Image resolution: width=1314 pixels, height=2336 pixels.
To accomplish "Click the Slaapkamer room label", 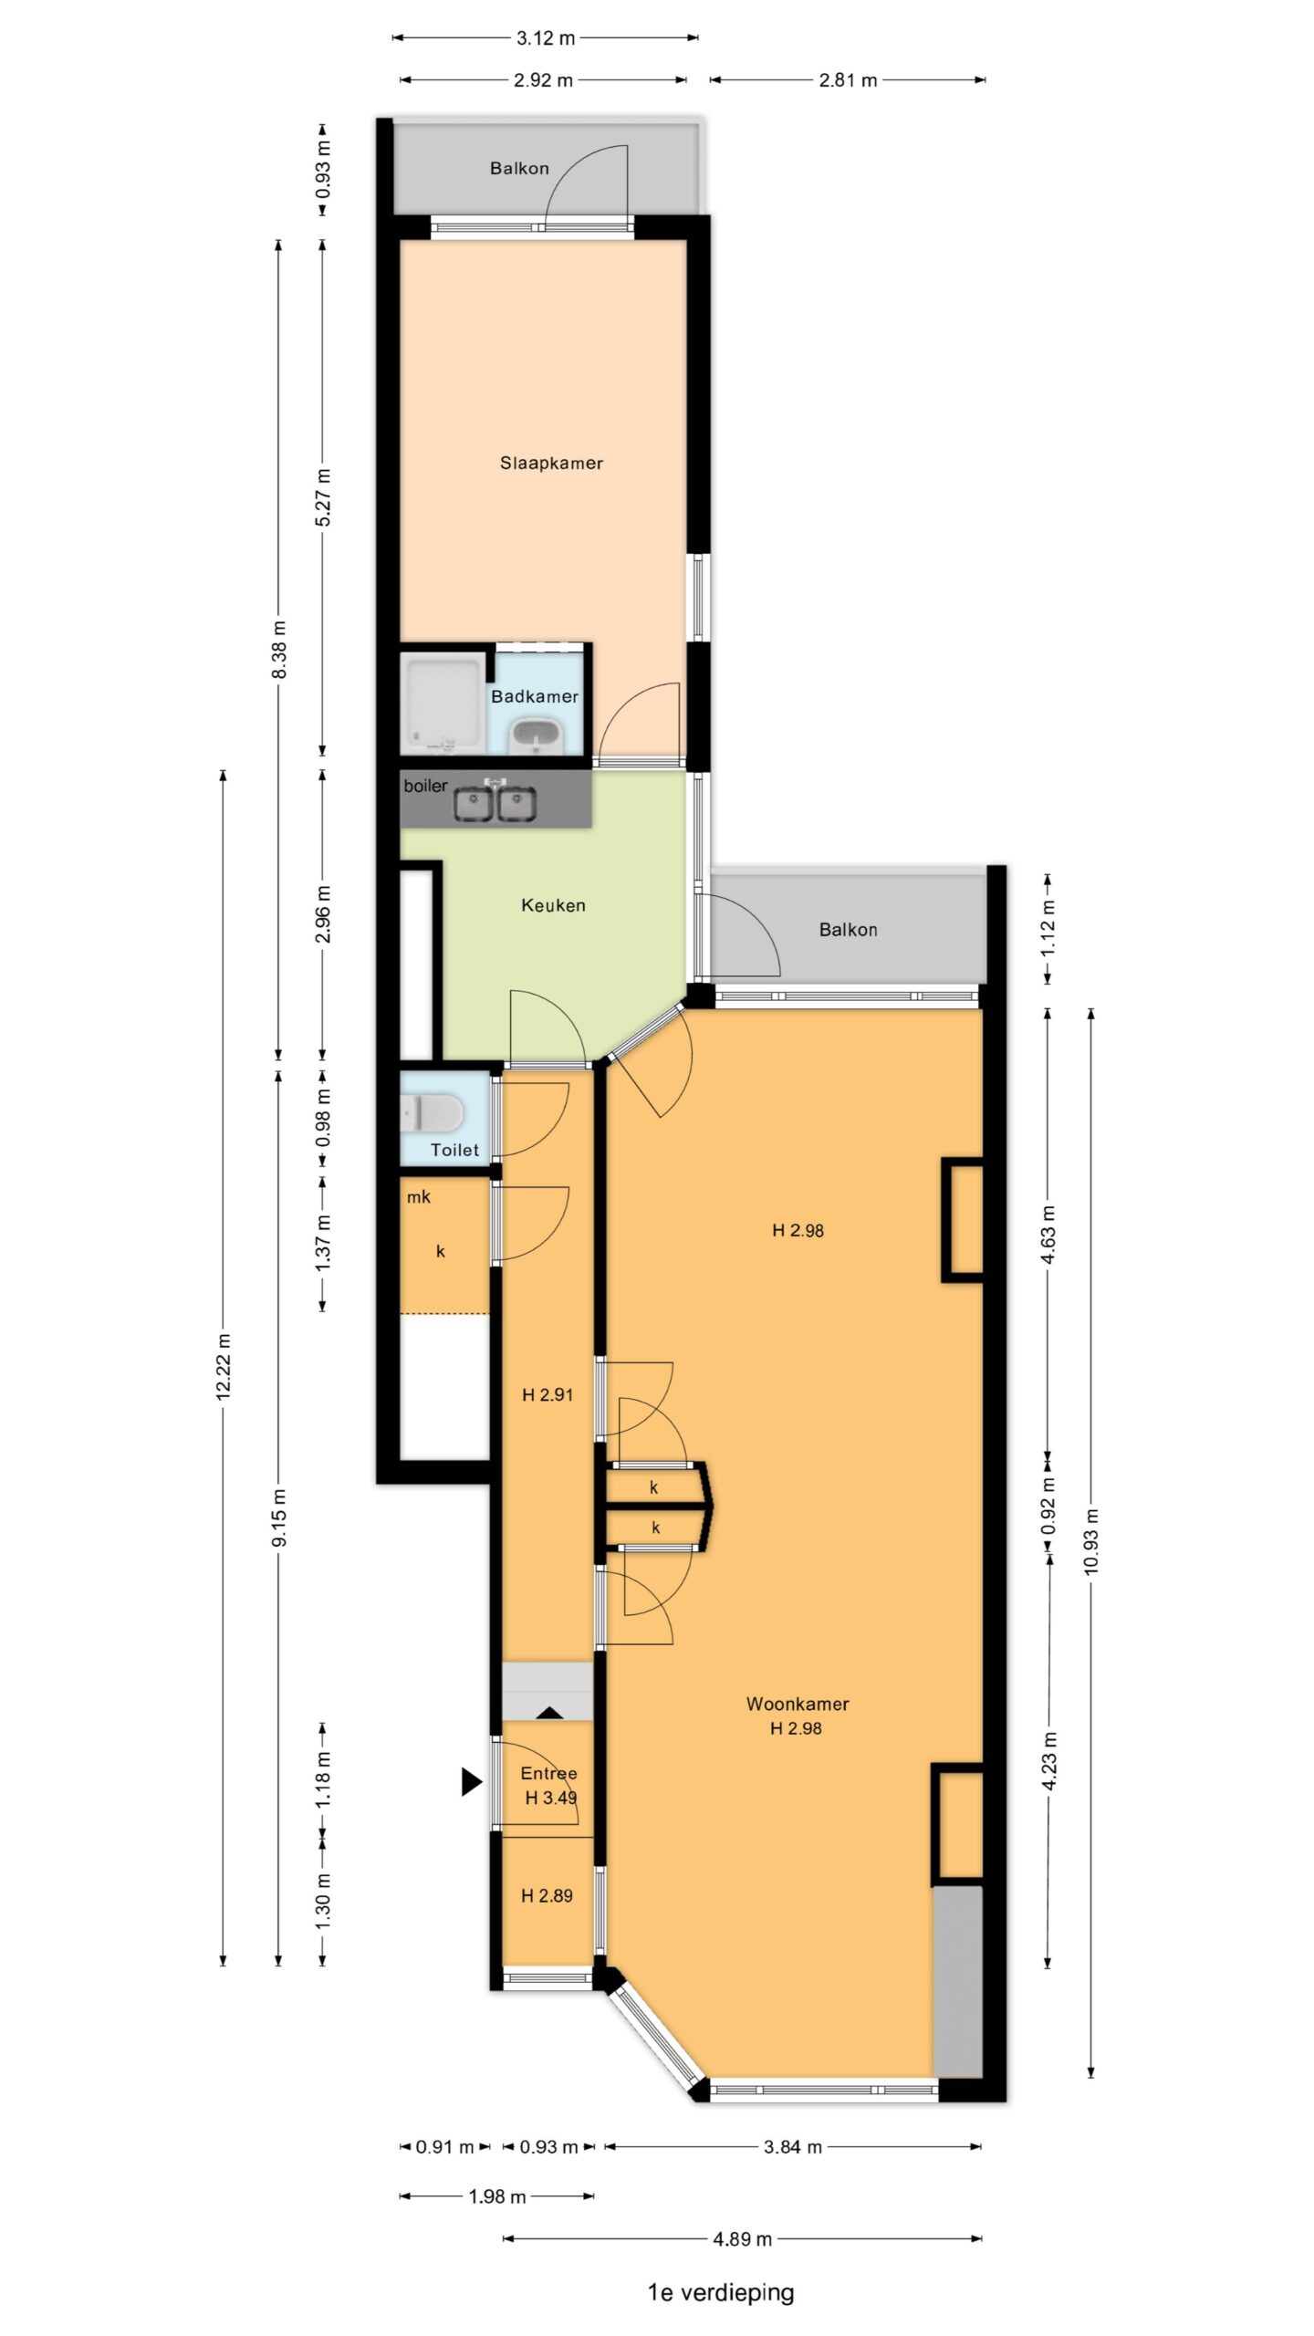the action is (x=551, y=463).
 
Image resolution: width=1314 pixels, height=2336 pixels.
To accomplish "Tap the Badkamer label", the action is (x=535, y=696).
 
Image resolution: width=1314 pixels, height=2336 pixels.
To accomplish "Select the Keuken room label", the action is (x=553, y=905).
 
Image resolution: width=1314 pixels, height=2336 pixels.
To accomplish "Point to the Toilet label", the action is (x=454, y=1150).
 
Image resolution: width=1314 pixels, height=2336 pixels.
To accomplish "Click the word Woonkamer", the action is (x=798, y=1704).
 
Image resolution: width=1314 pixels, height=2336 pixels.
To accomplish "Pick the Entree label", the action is (x=548, y=1773).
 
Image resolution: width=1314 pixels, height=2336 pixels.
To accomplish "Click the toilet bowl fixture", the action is (x=433, y=1113).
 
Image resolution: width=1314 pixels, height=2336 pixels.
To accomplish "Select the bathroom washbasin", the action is (x=536, y=734).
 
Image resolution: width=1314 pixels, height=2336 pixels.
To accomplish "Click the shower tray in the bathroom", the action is (x=444, y=704).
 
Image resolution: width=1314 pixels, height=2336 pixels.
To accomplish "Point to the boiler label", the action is (x=425, y=786).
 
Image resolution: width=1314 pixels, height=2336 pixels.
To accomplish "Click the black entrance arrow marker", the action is (x=471, y=1781).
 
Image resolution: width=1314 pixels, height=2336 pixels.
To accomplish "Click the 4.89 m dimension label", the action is (x=743, y=2238).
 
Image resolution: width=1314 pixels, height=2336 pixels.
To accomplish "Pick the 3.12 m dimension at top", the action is (x=546, y=38).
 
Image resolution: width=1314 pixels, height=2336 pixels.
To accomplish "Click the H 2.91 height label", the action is (x=547, y=1394).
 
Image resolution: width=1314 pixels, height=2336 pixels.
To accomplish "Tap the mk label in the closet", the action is (x=419, y=1196).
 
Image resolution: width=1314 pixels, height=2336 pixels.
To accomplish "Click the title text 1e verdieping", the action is (x=721, y=2292).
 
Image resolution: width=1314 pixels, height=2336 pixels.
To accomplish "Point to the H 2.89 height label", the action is (x=547, y=1895).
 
